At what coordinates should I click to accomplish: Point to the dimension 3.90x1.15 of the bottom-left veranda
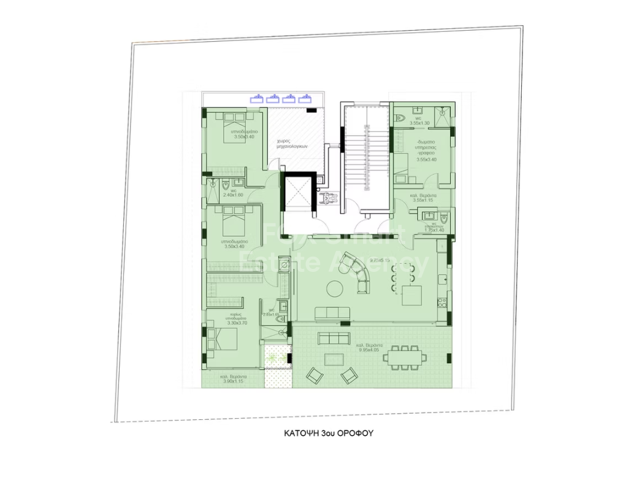(x=233, y=381)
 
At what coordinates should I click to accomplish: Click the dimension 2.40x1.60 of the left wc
(x=233, y=195)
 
